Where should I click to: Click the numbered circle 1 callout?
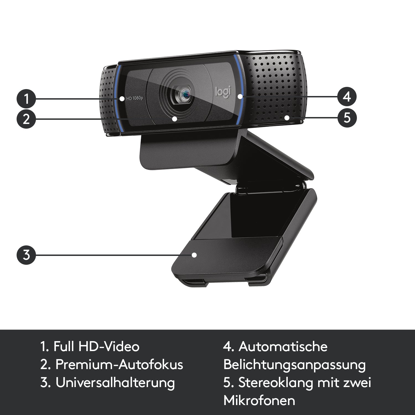click(26, 98)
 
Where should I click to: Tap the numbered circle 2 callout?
click(26, 119)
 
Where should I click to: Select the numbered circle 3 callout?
click(26, 255)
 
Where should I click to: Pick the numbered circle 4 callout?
click(347, 97)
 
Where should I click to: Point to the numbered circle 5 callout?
click(347, 117)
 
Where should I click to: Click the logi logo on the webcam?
click(223, 92)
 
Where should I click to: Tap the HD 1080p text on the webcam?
click(134, 98)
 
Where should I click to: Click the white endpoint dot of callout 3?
click(194, 255)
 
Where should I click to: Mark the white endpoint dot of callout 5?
click(287, 118)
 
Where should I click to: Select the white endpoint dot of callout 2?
click(174, 119)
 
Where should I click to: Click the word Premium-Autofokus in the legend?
click(119, 365)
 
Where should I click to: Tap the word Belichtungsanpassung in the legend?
click(294, 365)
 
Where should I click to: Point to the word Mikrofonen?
click(259, 401)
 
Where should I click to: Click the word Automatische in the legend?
click(283, 346)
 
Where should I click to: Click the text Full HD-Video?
click(96, 346)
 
